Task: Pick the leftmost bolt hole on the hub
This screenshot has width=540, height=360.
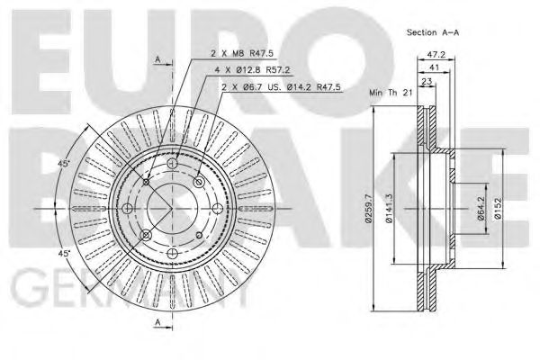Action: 127,211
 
